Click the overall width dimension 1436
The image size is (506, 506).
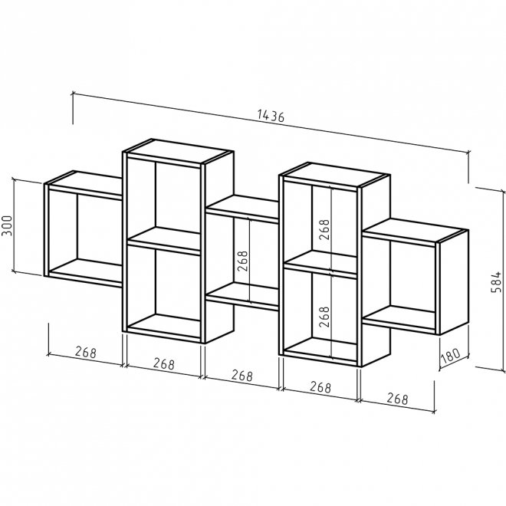click(271, 116)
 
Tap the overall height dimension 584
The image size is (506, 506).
click(496, 282)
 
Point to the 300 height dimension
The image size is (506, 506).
click(6, 225)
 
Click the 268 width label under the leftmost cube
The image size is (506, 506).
click(86, 352)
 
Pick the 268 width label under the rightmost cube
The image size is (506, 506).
click(398, 399)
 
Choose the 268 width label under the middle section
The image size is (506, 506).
click(242, 376)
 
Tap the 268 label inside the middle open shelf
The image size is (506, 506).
click(242, 261)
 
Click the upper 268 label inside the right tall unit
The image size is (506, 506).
click(324, 229)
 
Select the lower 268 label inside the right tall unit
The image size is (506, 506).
click(324, 317)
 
